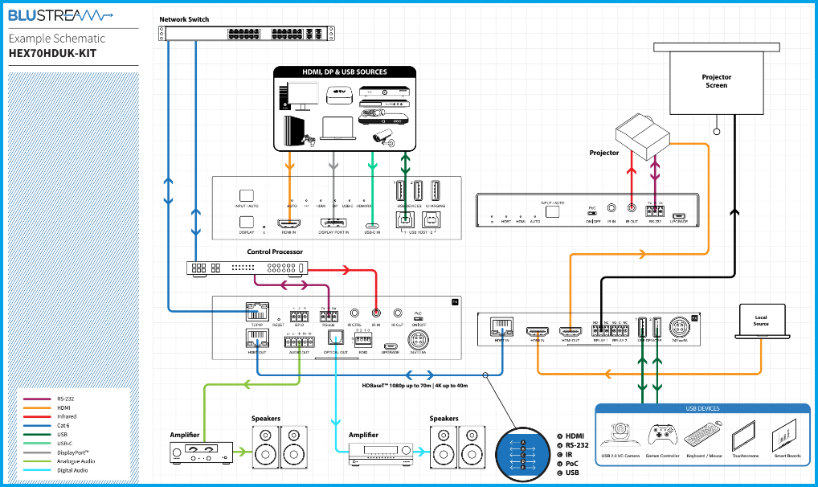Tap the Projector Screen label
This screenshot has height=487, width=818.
[x=716, y=81]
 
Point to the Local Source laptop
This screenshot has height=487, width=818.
[x=760, y=321]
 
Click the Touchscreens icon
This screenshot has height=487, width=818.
[x=744, y=436]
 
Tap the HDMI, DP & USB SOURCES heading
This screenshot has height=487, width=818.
[x=344, y=72]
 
